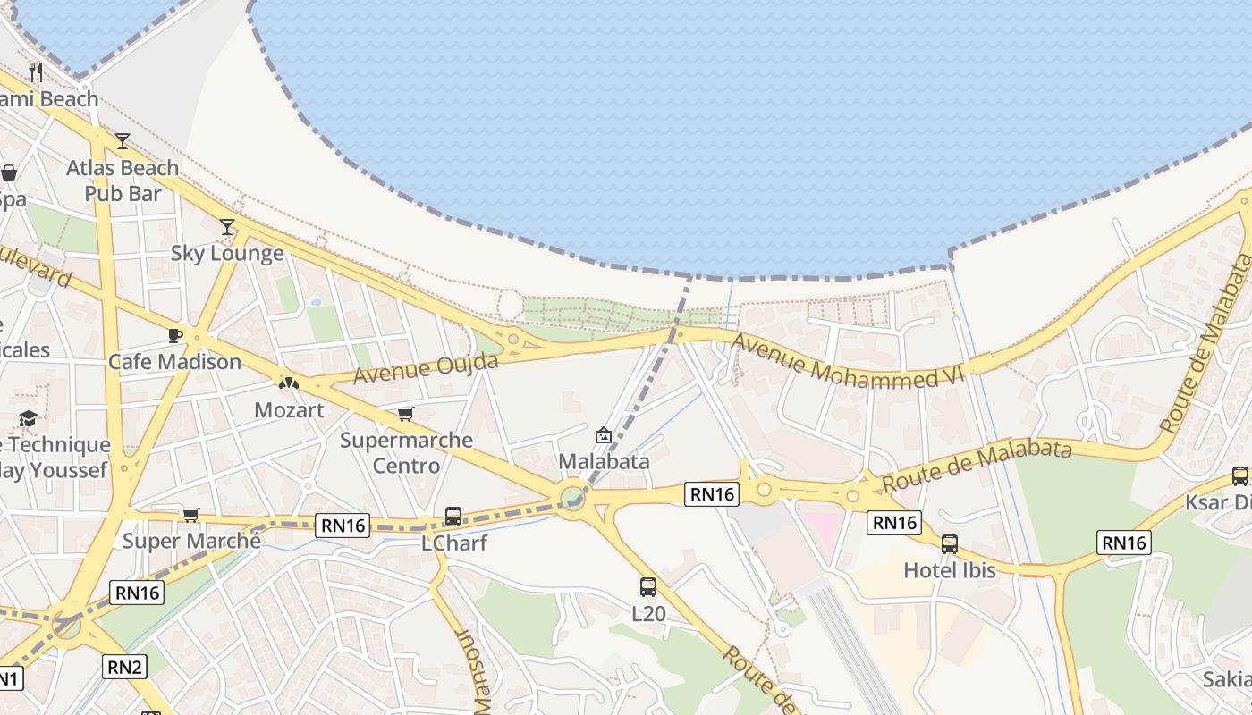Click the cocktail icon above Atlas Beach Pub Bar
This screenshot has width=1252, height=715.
pos(123,140)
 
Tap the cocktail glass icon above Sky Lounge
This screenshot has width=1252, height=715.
pos(227,227)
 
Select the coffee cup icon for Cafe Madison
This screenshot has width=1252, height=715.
pos(175,335)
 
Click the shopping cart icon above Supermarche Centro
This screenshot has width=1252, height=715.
pos(406,414)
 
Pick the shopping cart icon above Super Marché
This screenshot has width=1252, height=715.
pos(190,515)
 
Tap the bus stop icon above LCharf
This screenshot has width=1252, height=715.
pos(453,517)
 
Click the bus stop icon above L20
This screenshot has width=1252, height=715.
pos(648,587)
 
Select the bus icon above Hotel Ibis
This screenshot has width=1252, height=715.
pos(950,543)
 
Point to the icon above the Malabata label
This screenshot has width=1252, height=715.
pos(604,436)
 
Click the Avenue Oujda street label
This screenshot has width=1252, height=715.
pos(426,368)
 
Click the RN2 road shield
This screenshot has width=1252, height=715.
pos(124,666)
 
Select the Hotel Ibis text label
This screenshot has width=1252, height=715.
pos(950,570)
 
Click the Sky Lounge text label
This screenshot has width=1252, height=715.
pos(227,254)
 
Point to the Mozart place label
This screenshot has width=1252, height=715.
pos(289,410)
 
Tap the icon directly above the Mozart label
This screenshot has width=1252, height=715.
pos(288,383)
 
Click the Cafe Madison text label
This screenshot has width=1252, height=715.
pos(174,362)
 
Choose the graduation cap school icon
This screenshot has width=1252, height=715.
pos(29,418)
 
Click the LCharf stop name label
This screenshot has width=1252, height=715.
pos(453,543)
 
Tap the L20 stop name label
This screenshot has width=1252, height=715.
pos(648,614)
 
